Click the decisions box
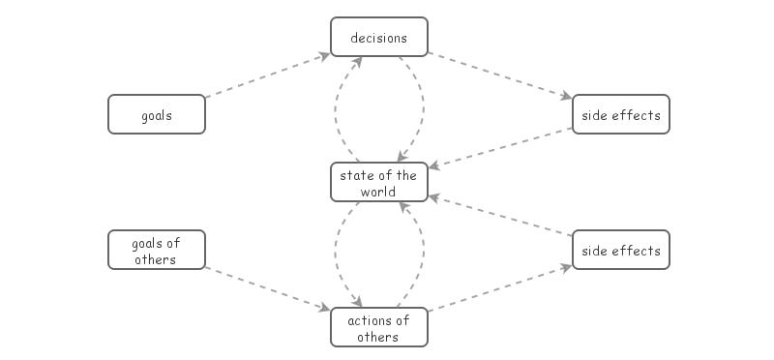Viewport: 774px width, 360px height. click(378, 37)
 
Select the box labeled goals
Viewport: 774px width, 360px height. click(156, 114)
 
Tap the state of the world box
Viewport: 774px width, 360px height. click(378, 182)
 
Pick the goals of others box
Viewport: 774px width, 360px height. click(156, 251)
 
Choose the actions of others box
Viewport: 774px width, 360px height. click(378, 327)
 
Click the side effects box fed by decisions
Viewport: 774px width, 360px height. click(620, 114)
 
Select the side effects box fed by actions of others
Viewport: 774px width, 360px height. click(620, 251)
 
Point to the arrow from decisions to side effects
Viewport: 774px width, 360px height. click(499, 75)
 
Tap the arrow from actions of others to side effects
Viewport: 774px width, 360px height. click(499, 288)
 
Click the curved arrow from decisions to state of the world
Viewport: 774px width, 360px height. click(423, 106)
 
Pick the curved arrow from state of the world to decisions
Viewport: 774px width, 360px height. click(336, 106)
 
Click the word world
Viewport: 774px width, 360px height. click(378, 191)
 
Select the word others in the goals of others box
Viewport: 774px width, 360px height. click(156, 259)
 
